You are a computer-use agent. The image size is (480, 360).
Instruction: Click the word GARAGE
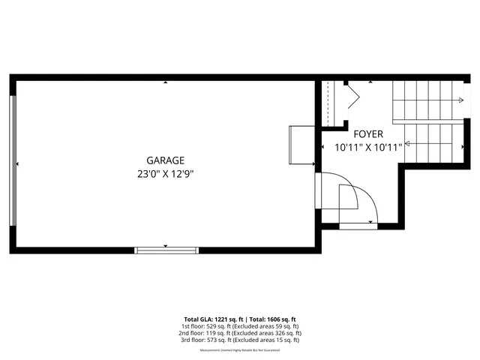point(165,160)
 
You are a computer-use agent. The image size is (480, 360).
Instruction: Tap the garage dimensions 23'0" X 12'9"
point(165,173)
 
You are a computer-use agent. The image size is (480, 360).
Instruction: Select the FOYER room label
point(368,134)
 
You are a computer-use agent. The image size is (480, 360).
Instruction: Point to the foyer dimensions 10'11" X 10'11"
point(368,148)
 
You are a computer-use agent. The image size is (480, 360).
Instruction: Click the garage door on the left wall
point(13,160)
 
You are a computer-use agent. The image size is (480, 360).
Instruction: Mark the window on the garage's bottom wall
point(166,249)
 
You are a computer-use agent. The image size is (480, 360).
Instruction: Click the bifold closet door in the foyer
point(352,95)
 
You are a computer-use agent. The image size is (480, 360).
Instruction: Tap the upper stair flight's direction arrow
point(457,100)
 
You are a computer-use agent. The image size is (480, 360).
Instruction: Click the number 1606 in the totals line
point(273,319)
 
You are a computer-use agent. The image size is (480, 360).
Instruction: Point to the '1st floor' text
point(193,326)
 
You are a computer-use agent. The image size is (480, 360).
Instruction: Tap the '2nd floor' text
point(193,333)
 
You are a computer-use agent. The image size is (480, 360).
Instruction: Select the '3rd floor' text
point(193,340)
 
